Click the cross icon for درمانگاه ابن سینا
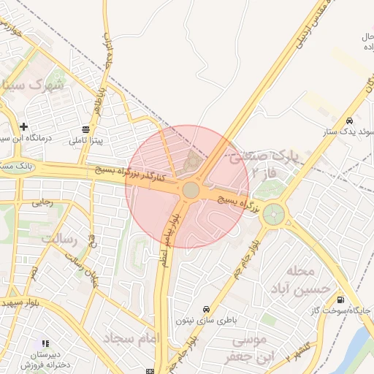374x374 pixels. pos(25,126)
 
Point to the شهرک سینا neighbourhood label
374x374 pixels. pos(33,85)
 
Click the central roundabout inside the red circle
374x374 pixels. pos(191,190)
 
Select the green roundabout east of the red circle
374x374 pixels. pos(275,214)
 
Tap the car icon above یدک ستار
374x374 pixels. pos(349,121)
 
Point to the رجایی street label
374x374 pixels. pos(42,205)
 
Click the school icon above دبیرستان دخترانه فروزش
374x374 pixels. pos(46,343)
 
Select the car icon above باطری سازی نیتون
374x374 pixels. pos(207,309)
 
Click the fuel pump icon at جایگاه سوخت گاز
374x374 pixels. pos(340,299)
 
